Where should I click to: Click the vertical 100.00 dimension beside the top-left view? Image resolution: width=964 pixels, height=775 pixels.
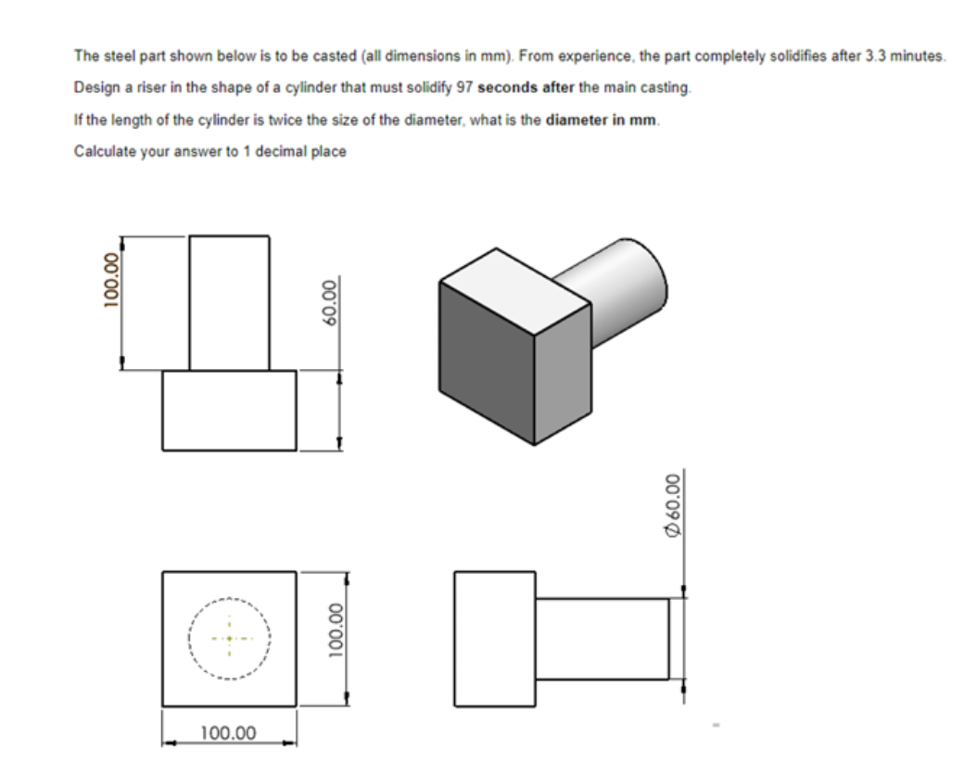[112, 276]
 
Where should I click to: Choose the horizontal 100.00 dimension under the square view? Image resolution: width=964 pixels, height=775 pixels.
[229, 733]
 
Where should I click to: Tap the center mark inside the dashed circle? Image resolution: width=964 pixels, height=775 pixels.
[229, 639]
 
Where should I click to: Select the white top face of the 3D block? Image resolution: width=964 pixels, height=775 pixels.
[514, 275]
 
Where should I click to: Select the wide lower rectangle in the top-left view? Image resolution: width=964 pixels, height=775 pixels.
[230, 411]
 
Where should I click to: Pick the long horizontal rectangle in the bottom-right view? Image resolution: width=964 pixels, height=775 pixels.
[602, 638]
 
